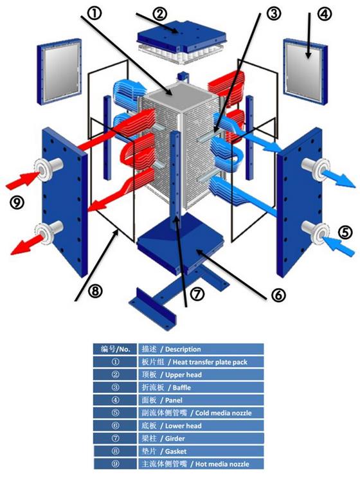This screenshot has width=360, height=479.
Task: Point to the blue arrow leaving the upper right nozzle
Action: point(335,176)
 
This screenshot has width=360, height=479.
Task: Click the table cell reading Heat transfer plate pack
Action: point(200,361)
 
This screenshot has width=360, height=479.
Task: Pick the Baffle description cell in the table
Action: point(200,387)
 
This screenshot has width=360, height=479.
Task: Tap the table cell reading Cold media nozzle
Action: point(200,413)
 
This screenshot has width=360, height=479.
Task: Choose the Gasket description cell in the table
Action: point(200,451)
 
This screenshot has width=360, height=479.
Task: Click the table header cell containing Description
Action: point(200,348)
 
